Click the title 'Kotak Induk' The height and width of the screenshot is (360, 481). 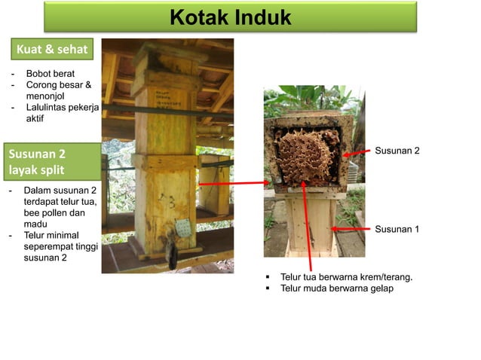230,17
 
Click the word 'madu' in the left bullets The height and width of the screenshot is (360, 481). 35,224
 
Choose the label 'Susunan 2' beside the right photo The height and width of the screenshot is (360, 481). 397,151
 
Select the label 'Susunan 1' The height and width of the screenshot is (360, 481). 397,229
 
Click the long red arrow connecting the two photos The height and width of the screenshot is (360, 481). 234,182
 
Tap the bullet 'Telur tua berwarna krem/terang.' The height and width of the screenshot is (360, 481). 346,277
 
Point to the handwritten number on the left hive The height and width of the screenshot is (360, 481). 171,200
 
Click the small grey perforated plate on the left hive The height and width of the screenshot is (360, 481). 180,226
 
